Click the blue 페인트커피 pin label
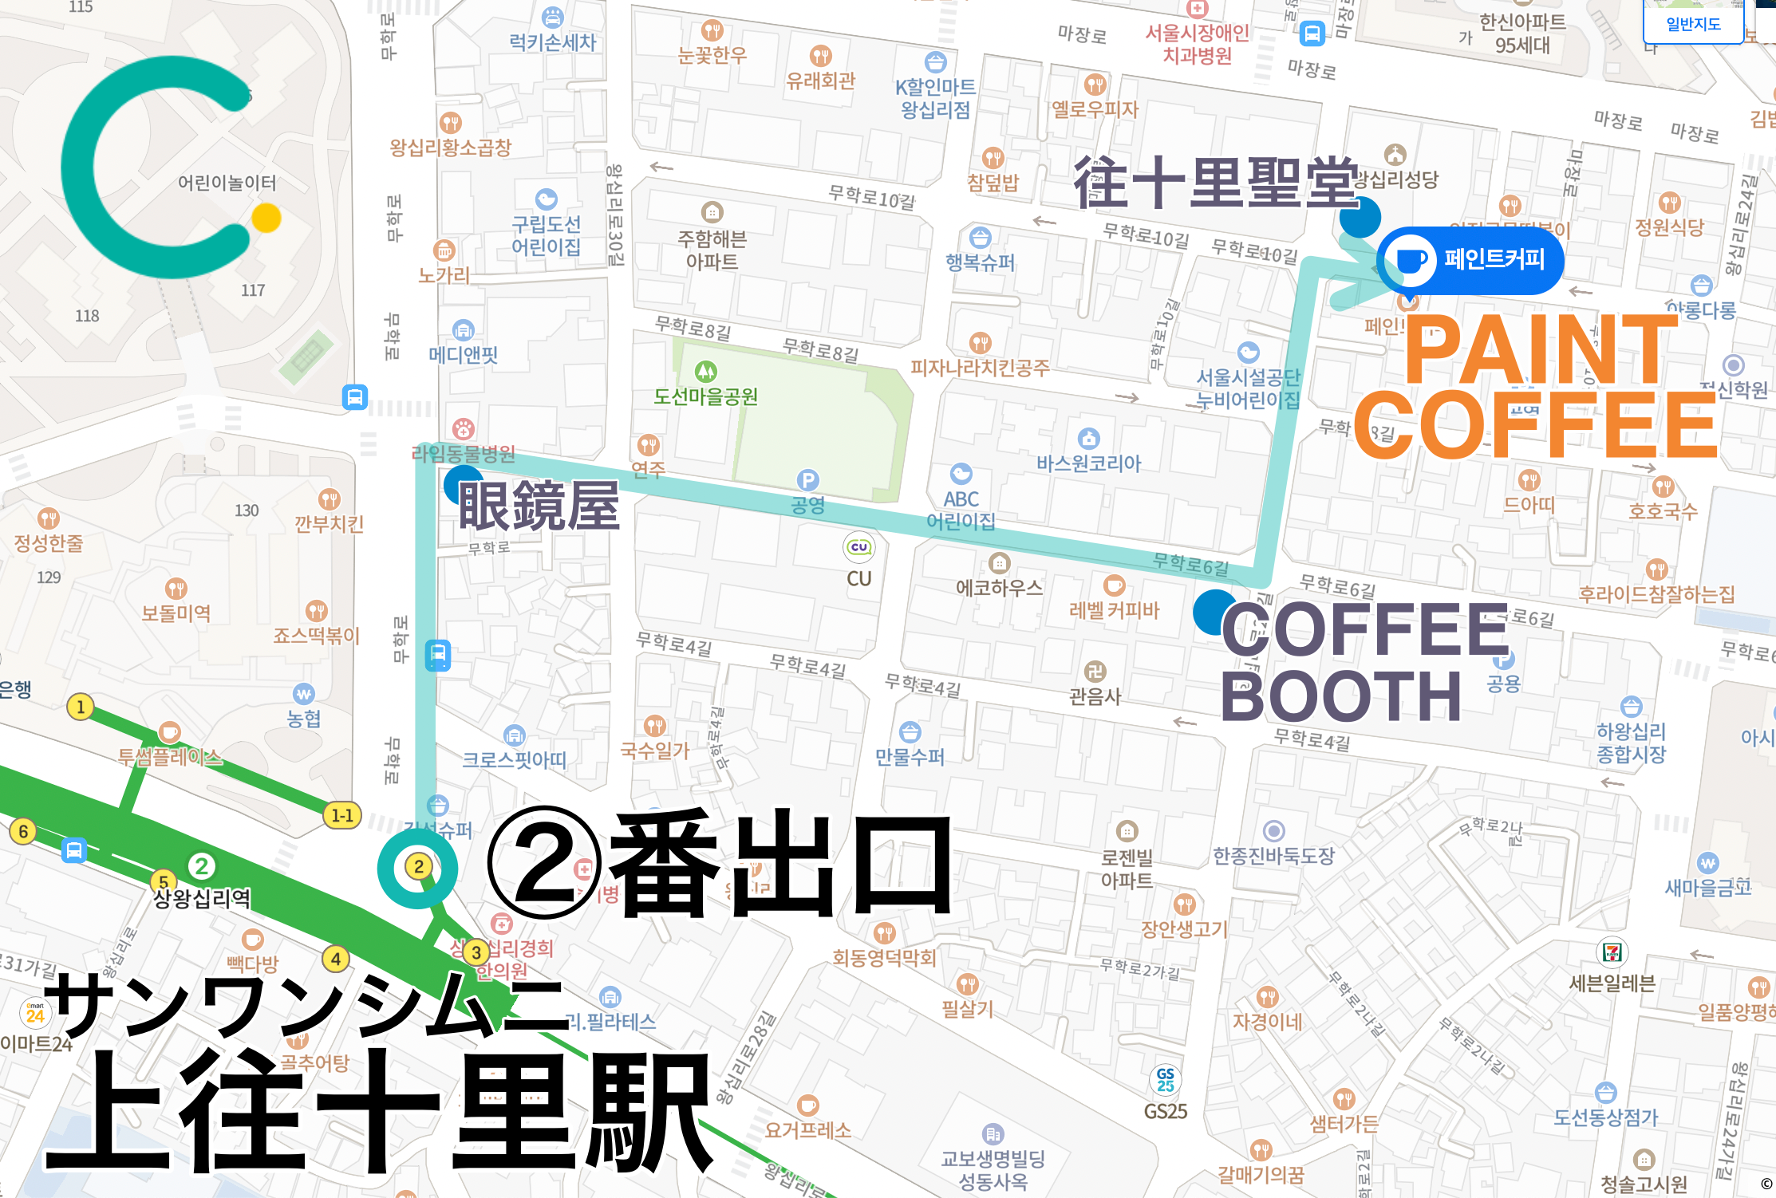point(1470,260)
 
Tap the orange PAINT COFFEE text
point(1536,386)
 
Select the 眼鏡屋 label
point(539,506)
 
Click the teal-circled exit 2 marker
point(418,867)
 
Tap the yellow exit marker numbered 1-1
point(342,815)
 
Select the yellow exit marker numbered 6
point(23,831)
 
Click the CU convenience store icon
point(859,547)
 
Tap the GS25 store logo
point(1166,1080)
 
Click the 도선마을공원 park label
point(705,396)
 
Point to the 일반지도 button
point(1693,24)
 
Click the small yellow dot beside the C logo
point(266,218)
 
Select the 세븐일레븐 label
point(1612,983)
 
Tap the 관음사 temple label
point(1095,696)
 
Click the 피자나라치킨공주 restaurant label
point(980,368)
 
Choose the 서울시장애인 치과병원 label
point(1197,44)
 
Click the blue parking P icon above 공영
point(807,480)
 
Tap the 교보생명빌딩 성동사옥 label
point(993,1169)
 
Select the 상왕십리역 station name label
point(202,899)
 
